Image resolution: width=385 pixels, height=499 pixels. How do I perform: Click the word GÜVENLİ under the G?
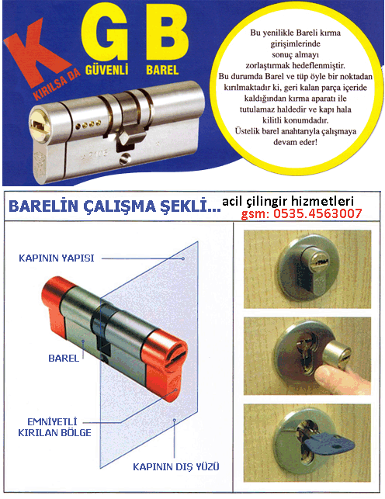[106, 70]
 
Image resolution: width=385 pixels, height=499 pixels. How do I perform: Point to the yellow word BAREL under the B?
[162, 70]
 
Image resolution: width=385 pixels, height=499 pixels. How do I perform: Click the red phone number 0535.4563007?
[317, 213]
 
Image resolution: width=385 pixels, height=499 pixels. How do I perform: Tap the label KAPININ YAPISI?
[57, 258]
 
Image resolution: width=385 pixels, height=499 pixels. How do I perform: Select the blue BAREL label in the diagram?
[64, 359]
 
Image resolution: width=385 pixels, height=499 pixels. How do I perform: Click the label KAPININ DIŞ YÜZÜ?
[176, 467]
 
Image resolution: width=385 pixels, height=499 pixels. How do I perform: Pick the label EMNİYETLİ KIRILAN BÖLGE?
[54, 428]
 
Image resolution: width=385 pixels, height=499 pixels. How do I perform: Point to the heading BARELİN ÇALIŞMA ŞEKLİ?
[115, 206]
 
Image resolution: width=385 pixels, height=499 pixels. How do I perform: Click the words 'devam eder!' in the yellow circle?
[295, 142]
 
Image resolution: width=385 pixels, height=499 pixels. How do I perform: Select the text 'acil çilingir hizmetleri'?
[288, 201]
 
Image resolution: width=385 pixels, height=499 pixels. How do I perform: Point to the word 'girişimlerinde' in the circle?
[295, 43]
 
